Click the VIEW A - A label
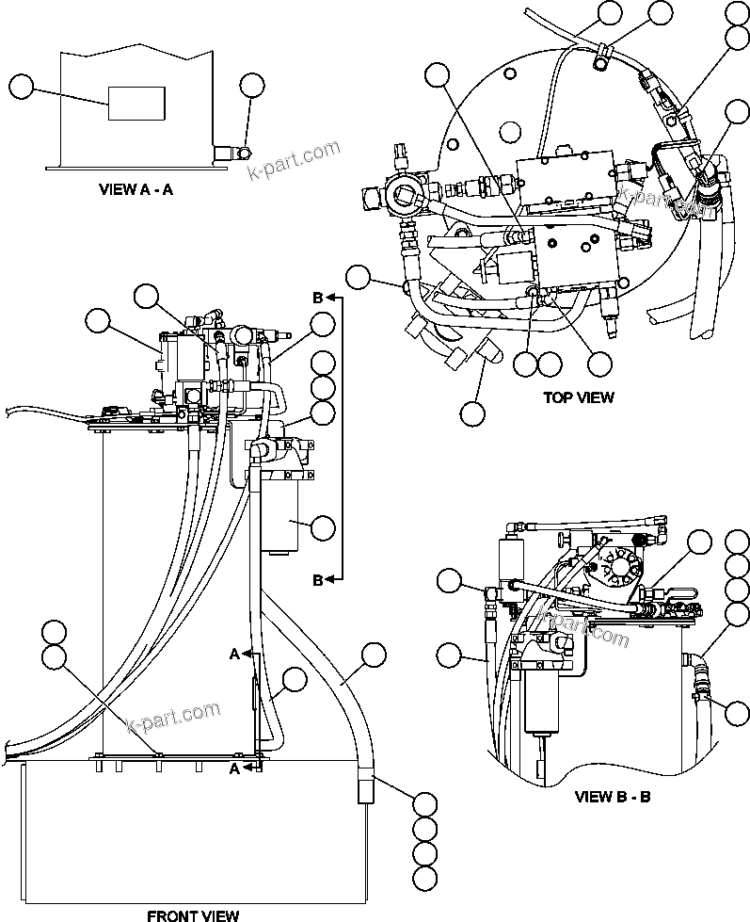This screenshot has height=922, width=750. point(136,188)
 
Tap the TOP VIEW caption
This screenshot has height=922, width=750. point(578,396)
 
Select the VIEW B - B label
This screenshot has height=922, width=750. point(613,797)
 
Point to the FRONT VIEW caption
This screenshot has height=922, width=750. point(193,914)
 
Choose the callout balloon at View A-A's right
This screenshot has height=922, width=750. point(250,85)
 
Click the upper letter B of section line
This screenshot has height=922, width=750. point(318,298)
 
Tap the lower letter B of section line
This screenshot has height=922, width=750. point(318,580)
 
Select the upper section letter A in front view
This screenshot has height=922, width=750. point(234,653)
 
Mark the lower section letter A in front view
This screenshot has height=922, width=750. point(234,768)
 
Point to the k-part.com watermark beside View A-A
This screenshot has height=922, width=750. point(293,161)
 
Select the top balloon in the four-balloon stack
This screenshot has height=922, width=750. point(425,804)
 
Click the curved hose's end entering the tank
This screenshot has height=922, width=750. point(365,789)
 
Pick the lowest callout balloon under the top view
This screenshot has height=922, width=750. point(472,412)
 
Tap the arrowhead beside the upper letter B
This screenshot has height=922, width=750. point(336,298)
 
